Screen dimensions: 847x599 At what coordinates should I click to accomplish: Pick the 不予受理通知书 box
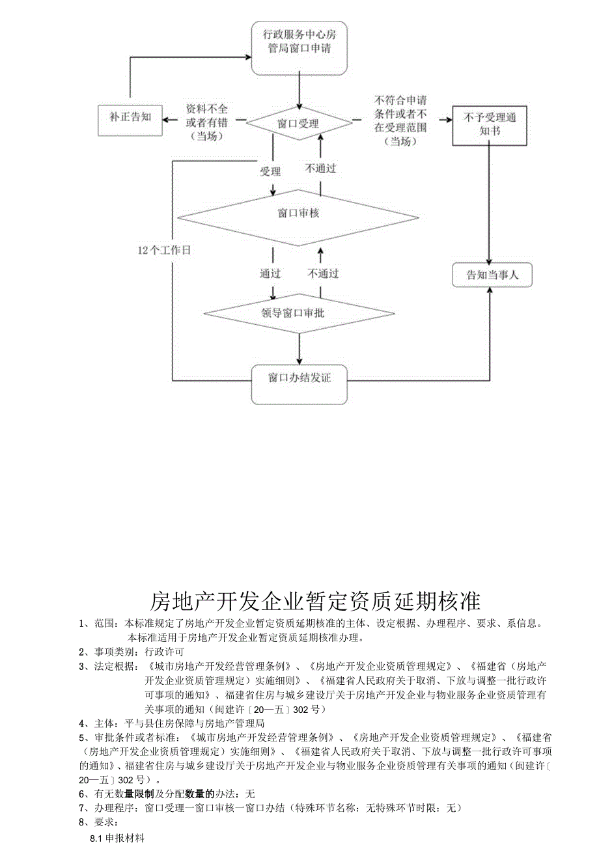tap(489, 124)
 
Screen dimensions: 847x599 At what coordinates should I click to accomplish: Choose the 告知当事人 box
tap(492, 275)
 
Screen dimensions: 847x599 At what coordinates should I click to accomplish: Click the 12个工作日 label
tap(164, 251)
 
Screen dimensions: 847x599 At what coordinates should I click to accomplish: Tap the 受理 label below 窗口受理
tap(270, 172)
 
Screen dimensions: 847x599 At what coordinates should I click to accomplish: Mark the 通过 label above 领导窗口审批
tap(270, 273)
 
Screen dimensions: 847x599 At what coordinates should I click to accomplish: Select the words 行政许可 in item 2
tap(164, 652)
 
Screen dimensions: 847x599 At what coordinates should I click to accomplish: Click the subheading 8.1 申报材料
tap(117, 839)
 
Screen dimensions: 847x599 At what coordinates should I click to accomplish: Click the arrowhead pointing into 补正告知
tap(165, 120)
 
